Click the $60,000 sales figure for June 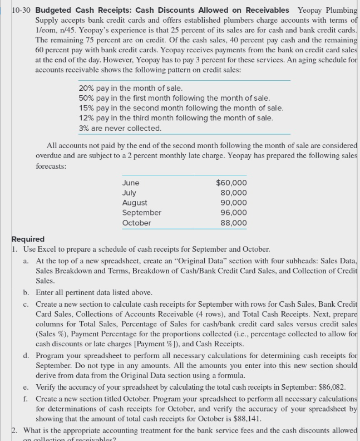coord(231,183)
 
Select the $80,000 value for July coord(233,193)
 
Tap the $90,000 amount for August coord(233,203)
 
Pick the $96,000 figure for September coord(233,213)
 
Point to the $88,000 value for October coord(233,223)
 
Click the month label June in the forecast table coord(131,183)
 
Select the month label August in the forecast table coord(135,203)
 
